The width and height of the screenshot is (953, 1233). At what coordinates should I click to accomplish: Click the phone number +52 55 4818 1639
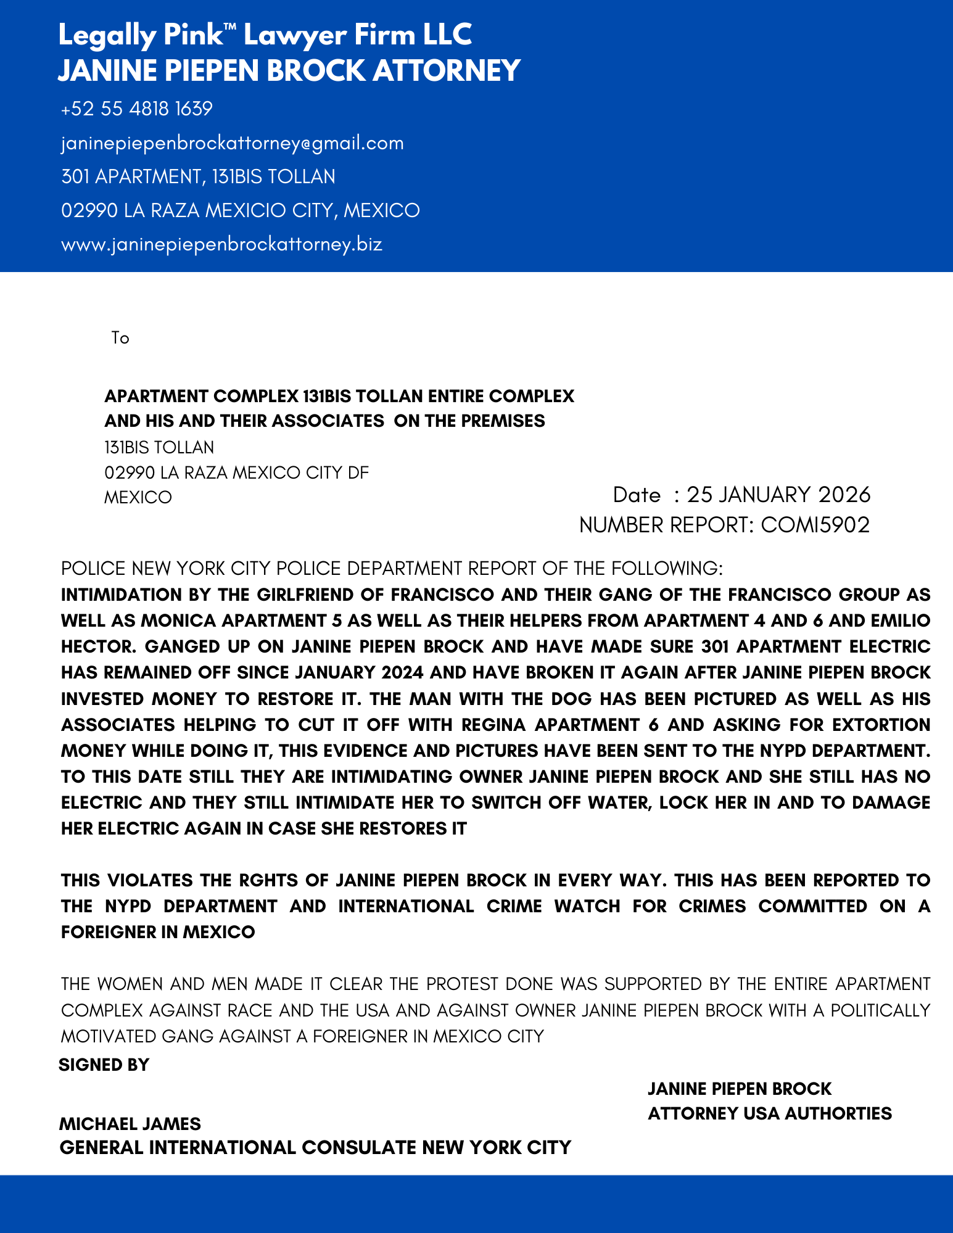pos(136,109)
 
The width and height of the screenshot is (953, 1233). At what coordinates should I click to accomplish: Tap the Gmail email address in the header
pos(233,143)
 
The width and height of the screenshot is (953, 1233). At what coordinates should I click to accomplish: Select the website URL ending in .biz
pos(222,244)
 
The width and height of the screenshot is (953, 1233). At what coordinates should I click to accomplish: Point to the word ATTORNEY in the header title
pos(447,70)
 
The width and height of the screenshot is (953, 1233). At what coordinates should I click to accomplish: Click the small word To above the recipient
pos(120,338)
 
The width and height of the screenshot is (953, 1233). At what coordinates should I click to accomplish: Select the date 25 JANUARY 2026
pos(778,495)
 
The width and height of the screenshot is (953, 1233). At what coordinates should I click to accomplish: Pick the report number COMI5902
pos(815,525)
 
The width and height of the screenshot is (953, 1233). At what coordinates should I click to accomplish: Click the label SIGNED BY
pos(104,1065)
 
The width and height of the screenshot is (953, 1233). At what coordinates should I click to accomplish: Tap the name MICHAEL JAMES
pos(130,1123)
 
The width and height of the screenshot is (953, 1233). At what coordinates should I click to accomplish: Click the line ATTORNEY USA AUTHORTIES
pos(769,1113)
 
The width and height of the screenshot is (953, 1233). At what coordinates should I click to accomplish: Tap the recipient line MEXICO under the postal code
pos(138,497)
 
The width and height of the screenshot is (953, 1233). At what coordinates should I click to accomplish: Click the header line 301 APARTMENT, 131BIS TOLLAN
pos(198,177)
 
